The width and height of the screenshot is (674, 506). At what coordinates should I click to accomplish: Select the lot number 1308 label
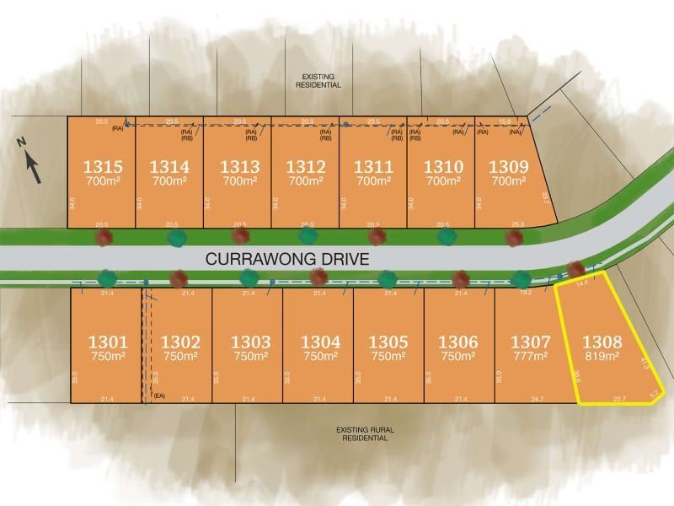(x=602, y=342)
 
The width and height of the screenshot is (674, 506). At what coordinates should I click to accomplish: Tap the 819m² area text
(x=602, y=357)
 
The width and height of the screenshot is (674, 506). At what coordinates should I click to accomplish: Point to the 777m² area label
(x=531, y=357)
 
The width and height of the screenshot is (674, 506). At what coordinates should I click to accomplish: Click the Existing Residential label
(x=317, y=81)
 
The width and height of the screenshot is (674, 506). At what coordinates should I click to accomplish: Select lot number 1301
(x=109, y=342)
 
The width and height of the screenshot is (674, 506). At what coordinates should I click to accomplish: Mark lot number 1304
(x=321, y=342)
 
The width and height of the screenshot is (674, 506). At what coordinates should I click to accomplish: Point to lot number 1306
(x=460, y=342)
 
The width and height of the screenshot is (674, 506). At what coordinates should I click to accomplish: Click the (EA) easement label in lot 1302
(x=158, y=396)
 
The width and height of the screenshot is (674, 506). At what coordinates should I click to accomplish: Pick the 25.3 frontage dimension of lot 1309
(x=517, y=223)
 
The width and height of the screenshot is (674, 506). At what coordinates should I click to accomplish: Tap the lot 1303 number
(x=250, y=342)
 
